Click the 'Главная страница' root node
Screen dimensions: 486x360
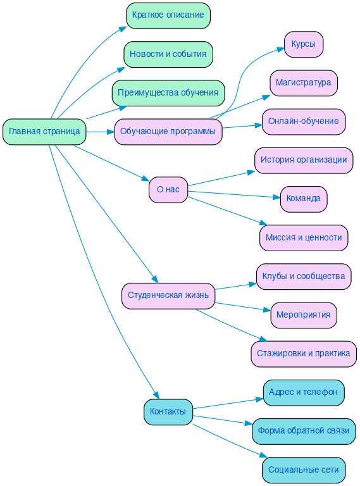44,132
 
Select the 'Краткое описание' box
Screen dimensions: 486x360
168,15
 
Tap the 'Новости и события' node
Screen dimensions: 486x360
168,54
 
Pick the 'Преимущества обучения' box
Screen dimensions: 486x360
168,93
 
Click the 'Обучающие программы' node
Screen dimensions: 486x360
168,132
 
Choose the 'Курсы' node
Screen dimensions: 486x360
304,44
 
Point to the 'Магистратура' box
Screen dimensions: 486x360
304,83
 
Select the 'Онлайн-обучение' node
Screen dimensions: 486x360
304,121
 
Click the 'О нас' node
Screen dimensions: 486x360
168,189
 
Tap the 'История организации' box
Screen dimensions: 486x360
304,160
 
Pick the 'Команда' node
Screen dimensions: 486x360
304,199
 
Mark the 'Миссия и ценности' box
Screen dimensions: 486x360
304,238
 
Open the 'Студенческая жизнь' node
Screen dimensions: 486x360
168,296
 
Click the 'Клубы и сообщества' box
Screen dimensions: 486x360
304,277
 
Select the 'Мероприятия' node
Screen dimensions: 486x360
304,315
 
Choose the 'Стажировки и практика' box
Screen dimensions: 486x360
304,354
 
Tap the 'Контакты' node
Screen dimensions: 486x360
168,412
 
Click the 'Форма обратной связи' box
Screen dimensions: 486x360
304,431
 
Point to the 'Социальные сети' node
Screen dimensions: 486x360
304,470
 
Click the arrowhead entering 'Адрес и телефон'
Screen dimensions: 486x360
259,399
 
